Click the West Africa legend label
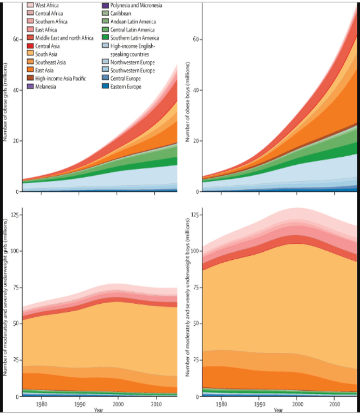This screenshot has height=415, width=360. click(x=47, y=5)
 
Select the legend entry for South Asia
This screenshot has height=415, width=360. click(x=47, y=54)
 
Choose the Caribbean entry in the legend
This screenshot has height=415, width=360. click(x=123, y=13)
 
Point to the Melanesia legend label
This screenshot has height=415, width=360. click(x=47, y=86)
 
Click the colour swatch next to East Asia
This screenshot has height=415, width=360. click(x=30, y=70)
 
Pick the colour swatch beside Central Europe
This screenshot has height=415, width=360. click(x=105, y=78)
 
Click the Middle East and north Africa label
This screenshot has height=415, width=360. click(x=64, y=38)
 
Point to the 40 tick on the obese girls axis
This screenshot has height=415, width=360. click(x=17, y=90)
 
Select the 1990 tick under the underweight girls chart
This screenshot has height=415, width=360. click(x=80, y=404)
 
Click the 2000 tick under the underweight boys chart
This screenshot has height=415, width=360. click(x=296, y=404)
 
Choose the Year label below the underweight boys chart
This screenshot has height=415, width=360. click(x=277, y=410)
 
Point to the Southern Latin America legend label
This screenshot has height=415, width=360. click(x=134, y=38)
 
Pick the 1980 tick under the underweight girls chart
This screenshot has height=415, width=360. click(x=41, y=404)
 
